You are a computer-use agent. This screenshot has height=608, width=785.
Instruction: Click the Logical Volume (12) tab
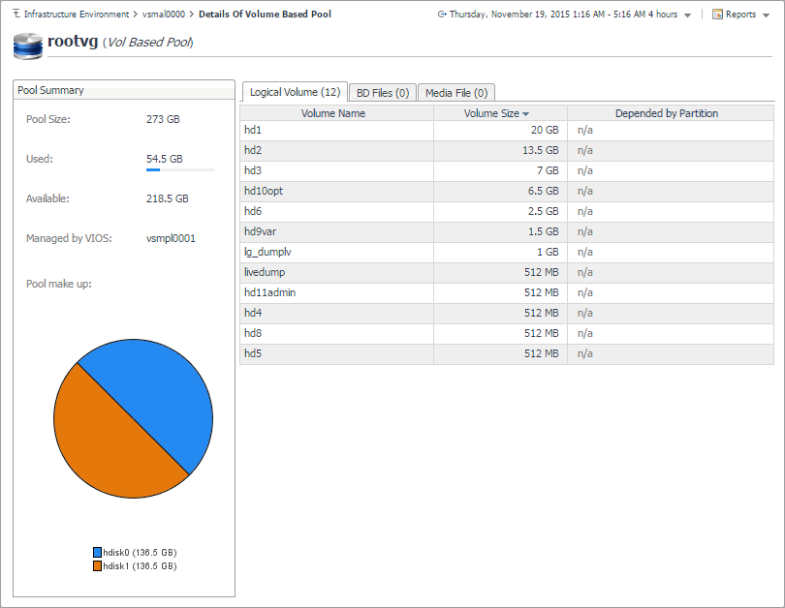[295, 92]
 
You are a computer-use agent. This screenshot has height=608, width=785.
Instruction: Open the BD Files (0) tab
[383, 93]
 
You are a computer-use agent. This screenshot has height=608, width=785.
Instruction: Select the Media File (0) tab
[455, 93]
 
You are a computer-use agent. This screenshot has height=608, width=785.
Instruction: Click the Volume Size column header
[496, 113]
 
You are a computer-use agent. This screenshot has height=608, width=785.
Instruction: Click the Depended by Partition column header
[666, 113]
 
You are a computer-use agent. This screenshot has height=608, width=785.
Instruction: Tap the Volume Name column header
[332, 113]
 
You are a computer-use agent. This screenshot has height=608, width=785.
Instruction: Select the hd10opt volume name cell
[264, 191]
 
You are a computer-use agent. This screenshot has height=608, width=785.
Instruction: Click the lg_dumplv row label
[267, 252]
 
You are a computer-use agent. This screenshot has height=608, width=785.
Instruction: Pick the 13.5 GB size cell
[540, 150]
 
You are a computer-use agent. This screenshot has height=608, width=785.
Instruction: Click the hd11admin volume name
[269, 292]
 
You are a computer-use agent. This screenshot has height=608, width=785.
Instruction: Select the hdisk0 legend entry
[134, 552]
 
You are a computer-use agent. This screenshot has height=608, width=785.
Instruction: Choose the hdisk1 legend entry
[134, 565]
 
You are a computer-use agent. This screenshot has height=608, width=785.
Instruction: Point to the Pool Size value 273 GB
[163, 119]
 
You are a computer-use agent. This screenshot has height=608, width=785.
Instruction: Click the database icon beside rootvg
[27, 45]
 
